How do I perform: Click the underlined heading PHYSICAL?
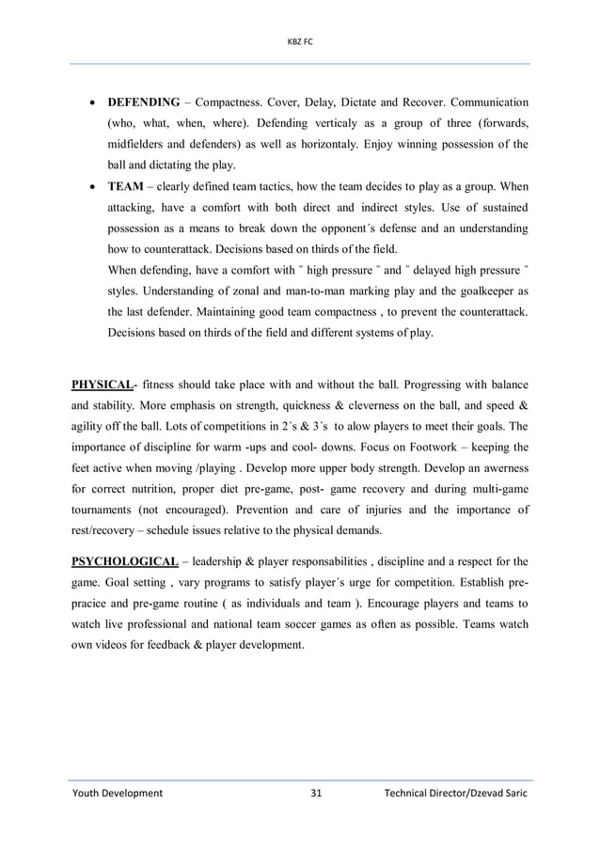[x=102, y=385]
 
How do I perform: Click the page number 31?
[x=316, y=794]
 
